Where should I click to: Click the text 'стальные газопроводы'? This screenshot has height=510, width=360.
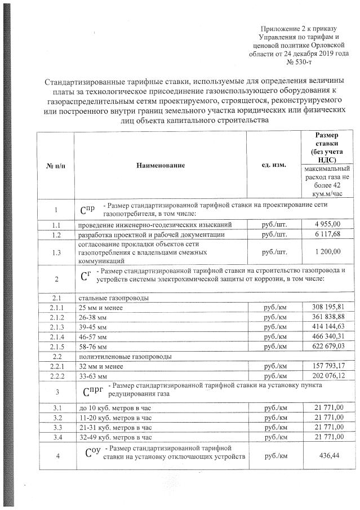point(106,298)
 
